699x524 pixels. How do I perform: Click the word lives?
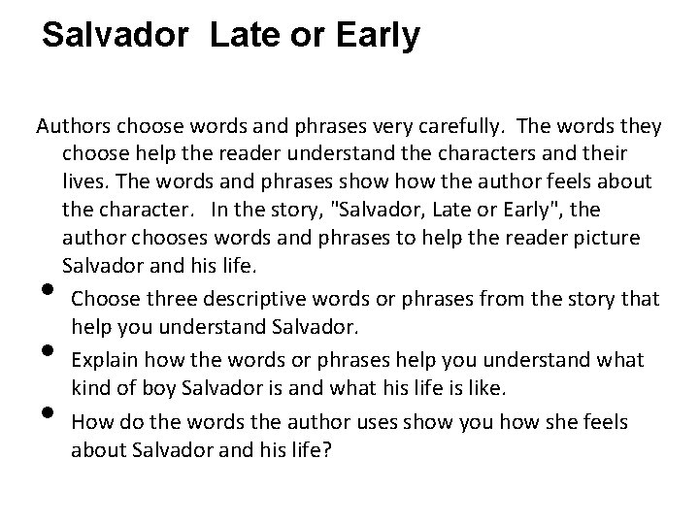(x=83, y=182)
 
